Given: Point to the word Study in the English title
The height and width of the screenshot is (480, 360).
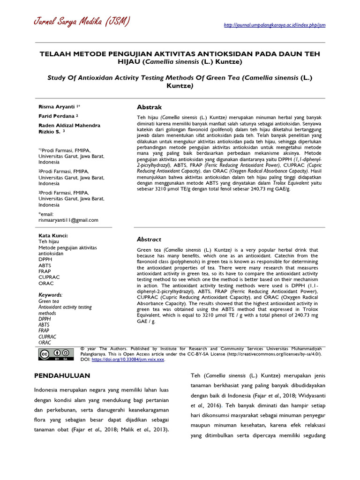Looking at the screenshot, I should coord(58,78).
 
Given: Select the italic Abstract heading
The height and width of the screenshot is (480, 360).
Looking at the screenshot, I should coord(149,239).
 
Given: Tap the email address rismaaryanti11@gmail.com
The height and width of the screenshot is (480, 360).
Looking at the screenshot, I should coord(68,220).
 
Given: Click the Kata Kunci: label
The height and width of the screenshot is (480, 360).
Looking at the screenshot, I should coord(53,235).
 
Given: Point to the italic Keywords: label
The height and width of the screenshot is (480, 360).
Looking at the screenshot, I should coord(50,295).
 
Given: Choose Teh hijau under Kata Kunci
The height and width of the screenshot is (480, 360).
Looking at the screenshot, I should coord(49,241).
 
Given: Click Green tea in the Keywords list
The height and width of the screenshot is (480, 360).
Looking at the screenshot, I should coord(49,301).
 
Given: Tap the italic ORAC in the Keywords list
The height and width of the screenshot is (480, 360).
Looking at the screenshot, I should coord(45,343).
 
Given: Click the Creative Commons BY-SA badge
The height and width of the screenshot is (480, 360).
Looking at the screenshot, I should coord(55,354).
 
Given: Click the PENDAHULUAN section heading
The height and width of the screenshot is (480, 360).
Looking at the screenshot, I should coord(63,376).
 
